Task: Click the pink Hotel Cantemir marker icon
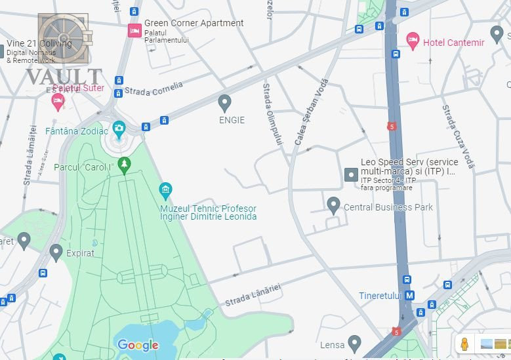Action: tap(413, 41)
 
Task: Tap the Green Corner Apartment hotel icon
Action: tap(134, 30)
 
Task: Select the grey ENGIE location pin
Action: tap(225, 102)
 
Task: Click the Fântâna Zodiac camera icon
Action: tap(119, 129)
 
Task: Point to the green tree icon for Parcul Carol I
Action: tap(124, 164)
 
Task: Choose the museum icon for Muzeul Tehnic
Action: tap(166, 191)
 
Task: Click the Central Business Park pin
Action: tap(334, 205)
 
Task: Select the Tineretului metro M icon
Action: tap(409, 296)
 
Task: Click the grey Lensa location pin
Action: tap(355, 342)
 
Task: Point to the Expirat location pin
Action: tap(56, 251)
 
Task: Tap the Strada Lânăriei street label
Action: tap(253, 295)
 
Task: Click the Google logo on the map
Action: tap(138, 345)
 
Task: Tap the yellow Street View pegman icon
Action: tap(465, 344)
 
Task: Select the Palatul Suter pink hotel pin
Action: tap(58, 100)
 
